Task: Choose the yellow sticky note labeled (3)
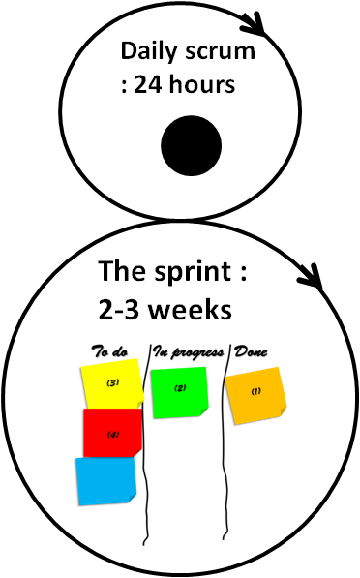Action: coord(111,385)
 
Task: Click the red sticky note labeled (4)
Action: coord(112,432)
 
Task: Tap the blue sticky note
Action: coord(105,480)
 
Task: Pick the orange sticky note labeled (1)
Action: coord(256,392)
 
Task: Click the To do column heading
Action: coord(109,350)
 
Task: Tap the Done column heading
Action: coord(250,350)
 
